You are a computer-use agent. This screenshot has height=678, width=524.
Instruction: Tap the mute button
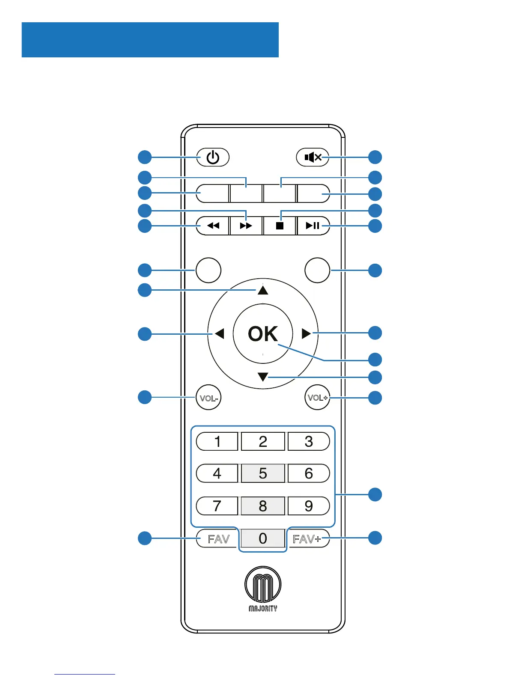click(313, 158)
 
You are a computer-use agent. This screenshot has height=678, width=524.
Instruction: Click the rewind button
click(213, 226)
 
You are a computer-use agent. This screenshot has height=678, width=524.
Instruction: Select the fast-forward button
click(246, 226)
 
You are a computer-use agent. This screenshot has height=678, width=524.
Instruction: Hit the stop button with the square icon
click(280, 226)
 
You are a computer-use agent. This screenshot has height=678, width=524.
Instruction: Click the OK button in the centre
click(263, 333)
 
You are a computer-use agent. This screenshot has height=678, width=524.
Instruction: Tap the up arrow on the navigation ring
click(263, 291)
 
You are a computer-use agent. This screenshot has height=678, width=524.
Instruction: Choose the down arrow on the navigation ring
click(263, 377)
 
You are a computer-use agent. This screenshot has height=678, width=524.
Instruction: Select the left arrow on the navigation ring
click(220, 333)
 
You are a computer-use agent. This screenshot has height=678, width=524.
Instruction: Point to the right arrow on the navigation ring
click(306, 333)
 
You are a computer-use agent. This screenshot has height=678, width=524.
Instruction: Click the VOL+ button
click(317, 398)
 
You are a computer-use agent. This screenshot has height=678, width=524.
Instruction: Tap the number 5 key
click(263, 473)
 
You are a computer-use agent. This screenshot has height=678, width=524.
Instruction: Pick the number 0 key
click(263, 538)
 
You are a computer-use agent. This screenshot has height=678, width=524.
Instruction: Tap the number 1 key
click(217, 441)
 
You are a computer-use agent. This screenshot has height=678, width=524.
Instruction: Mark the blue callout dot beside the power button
click(145, 157)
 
